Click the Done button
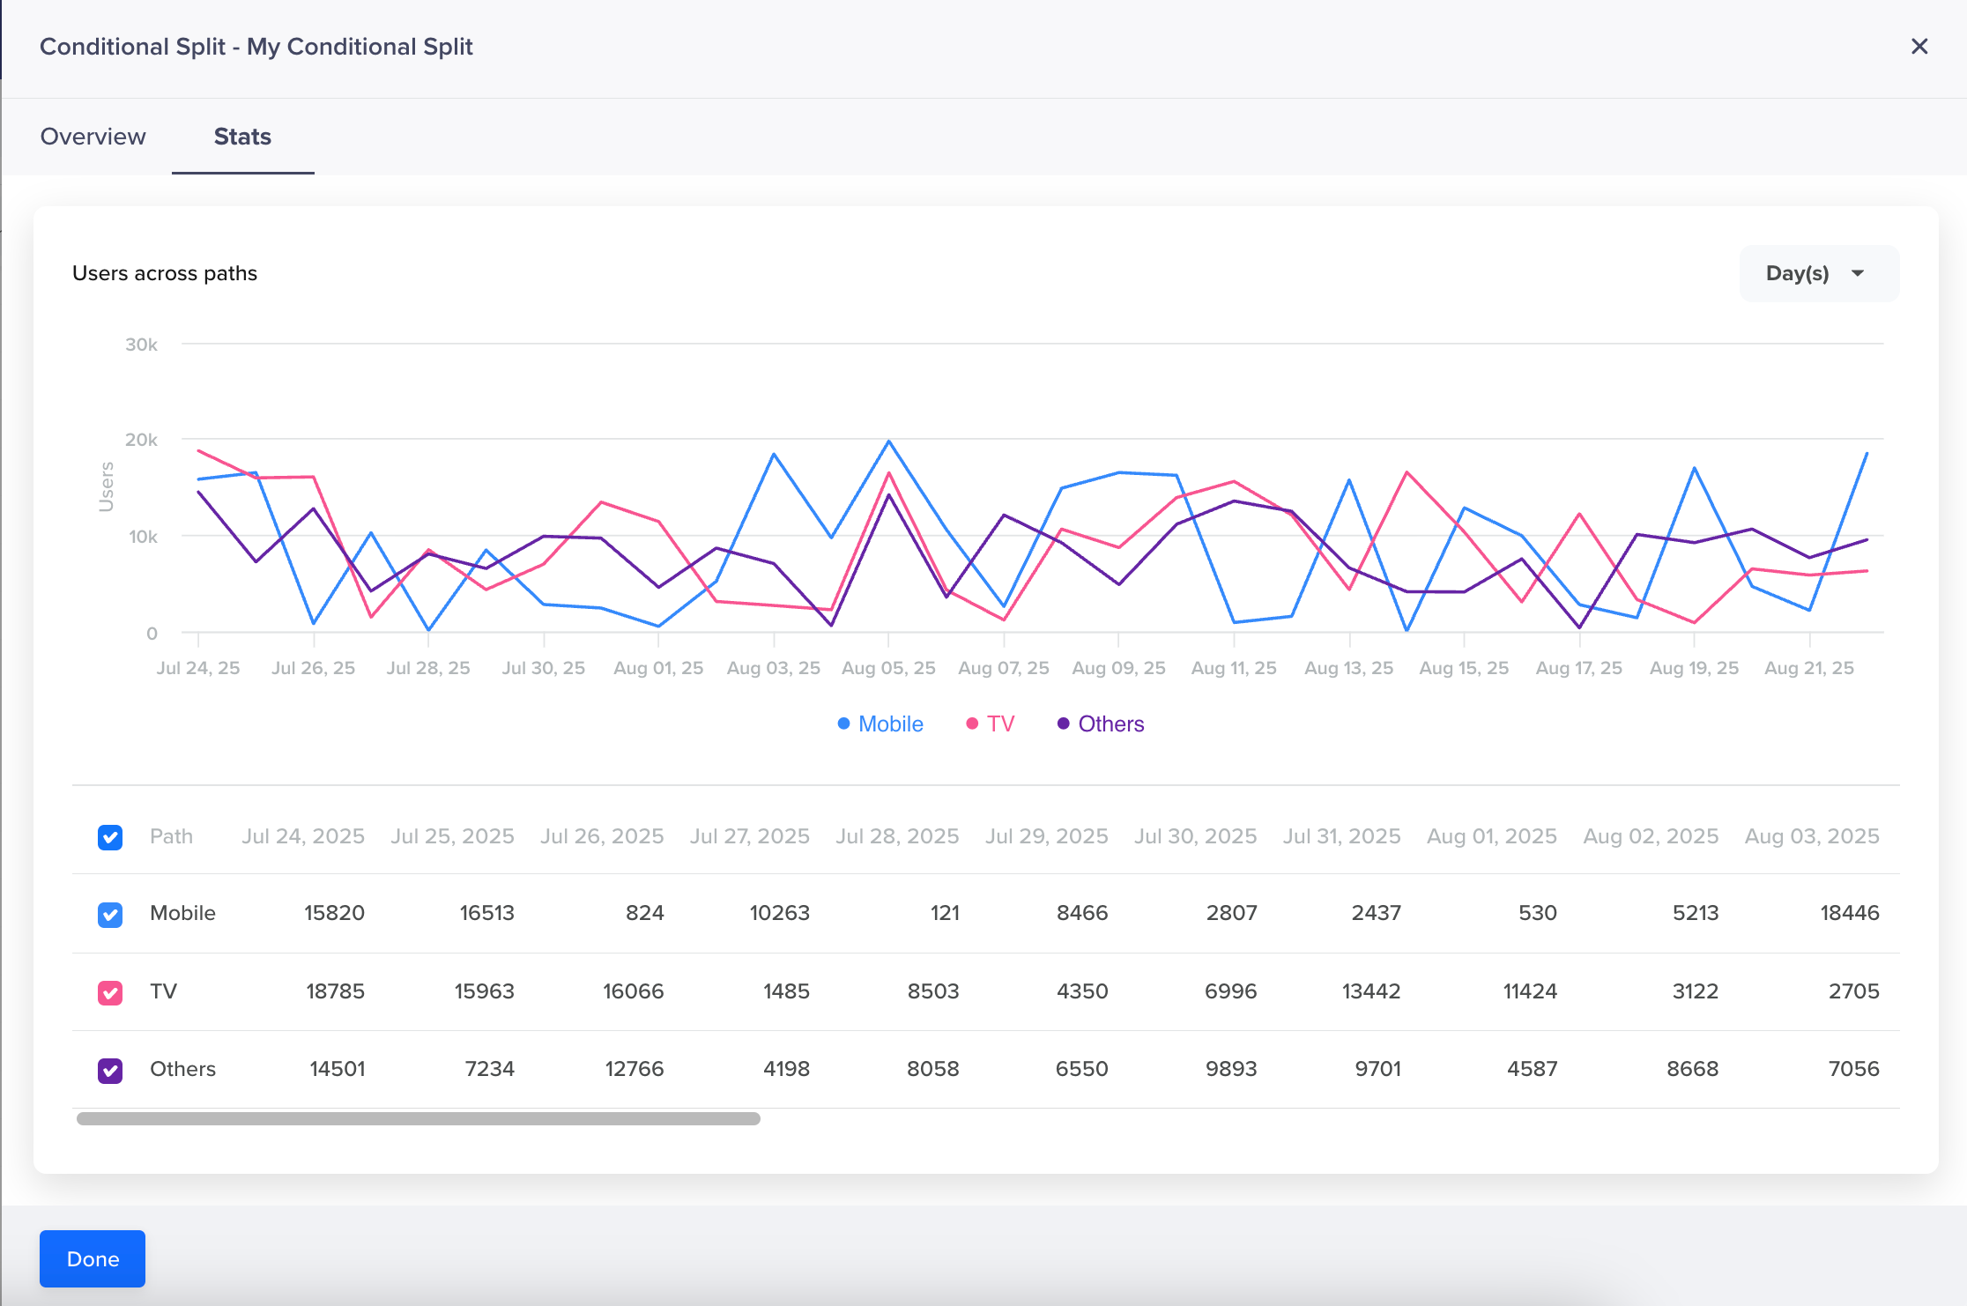click(x=93, y=1258)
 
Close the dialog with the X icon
click(x=1919, y=47)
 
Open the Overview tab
click(x=93, y=137)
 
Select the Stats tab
click(x=242, y=137)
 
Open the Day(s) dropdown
click(x=1817, y=273)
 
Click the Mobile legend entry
click(x=880, y=723)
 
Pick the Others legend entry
click(x=1101, y=723)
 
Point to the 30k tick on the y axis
click(x=141, y=345)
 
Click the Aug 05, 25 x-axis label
click(x=888, y=668)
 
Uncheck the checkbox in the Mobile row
click(x=110, y=915)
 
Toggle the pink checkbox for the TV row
click(x=110, y=993)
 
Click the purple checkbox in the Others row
click(x=110, y=1071)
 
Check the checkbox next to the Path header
click(x=110, y=837)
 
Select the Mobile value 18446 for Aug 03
click(x=1849, y=913)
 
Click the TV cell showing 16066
click(x=633, y=991)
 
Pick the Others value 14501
click(x=337, y=1069)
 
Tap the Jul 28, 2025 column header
click(x=897, y=836)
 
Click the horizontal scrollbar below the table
click(x=419, y=1118)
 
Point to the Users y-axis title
click(x=107, y=486)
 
